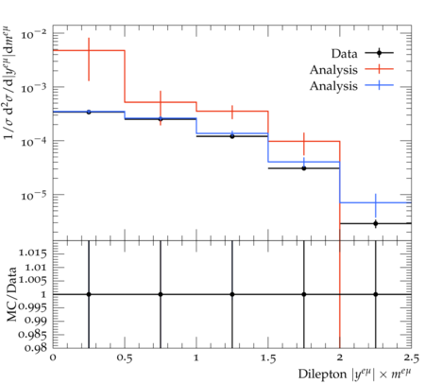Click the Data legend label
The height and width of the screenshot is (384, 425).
click(x=344, y=54)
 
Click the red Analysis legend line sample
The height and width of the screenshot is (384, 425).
click(x=380, y=69)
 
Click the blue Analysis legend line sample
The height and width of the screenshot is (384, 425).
click(x=380, y=85)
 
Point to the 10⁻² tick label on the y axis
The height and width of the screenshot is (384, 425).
click(x=34, y=34)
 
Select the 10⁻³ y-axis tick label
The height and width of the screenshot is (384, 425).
click(x=34, y=88)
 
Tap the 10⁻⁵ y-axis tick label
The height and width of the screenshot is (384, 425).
click(x=34, y=196)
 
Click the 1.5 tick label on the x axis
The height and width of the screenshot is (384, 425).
click(x=268, y=358)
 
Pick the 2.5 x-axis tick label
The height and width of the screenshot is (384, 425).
click(x=412, y=358)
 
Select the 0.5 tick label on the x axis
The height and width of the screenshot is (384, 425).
click(x=125, y=358)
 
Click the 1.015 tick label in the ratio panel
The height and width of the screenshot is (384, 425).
click(x=33, y=253)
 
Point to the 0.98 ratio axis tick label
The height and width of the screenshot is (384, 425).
click(x=37, y=348)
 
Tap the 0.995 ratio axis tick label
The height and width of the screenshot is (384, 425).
click(x=33, y=307)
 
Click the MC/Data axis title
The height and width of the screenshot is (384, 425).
click(x=11, y=294)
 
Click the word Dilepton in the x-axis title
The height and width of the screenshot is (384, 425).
click(x=322, y=374)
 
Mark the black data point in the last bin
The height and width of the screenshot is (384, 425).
click(x=376, y=223)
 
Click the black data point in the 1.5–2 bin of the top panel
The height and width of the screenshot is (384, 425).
click(x=304, y=168)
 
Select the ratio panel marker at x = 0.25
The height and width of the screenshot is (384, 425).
click(x=89, y=294)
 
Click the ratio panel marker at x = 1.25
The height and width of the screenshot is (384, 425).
click(x=232, y=294)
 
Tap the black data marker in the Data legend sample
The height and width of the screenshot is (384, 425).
click(x=380, y=53)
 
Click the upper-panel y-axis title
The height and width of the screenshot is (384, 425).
click(x=9, y=82)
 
